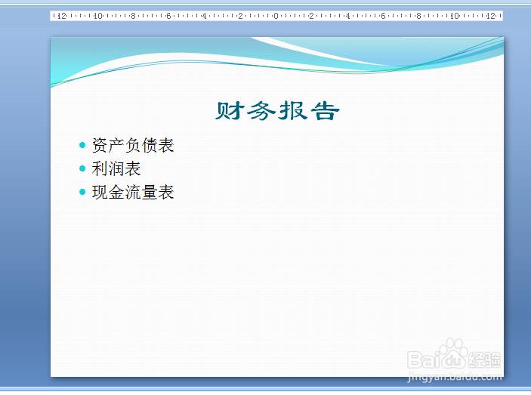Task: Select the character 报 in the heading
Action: click(x=292, y=111)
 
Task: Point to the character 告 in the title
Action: click(x=325, y=111)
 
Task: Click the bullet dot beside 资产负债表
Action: click(x=82, y=145)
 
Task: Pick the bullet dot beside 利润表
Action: click(x=82, y=168)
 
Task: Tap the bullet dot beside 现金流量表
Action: click(x=82, y=192)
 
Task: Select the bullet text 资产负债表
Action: click(x=133, y=145)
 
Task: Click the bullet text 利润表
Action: click(x=116, y=168)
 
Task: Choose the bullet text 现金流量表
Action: click(x=133, y=192)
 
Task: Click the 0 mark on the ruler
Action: click(x=276, y=16)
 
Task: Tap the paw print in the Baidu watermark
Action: click(x=453, y=352)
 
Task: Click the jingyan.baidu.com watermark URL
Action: click(x=455, y=376)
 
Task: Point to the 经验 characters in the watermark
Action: click(x=485, y=360)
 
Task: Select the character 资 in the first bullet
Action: click(x=100, y=145)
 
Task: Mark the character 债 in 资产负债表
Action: click(x=150, y=145)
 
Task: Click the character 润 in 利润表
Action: click(x=116, y=168)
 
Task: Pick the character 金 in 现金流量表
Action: click(x=116, y=192)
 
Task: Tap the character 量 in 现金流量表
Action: click(x=150, y=192)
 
